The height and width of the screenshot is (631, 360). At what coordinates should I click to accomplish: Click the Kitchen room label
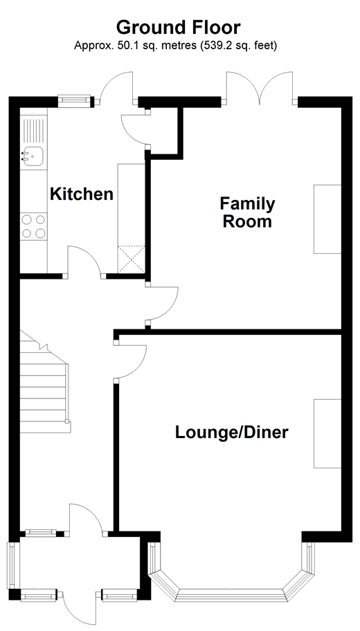[81, 194]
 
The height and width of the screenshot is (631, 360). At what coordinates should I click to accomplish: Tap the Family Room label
[247, 212]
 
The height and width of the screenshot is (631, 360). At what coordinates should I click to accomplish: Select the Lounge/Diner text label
[231, 432]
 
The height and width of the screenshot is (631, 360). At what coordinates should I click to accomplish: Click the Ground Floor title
[179, 28]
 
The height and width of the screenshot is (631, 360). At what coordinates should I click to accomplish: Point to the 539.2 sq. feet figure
[238, 46]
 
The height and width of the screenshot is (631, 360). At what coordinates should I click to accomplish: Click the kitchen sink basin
[33, 156]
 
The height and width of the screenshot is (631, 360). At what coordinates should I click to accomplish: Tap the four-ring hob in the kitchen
[33, 226]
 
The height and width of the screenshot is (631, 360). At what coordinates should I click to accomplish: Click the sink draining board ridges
[33, 131]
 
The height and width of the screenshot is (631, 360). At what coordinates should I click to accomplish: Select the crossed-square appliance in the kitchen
[131, 259]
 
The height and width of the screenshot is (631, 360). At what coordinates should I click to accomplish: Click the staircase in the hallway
[44, 386]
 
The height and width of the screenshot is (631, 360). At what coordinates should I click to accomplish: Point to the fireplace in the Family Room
[327, 219]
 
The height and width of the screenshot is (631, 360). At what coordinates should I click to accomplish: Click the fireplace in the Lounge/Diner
[327, 433]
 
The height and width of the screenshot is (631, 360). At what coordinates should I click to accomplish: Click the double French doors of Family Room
[260, 86]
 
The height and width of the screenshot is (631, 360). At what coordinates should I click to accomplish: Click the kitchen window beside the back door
[74, 101]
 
